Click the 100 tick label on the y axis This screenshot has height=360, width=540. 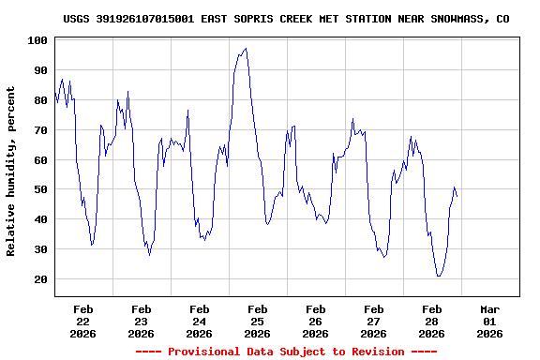38,40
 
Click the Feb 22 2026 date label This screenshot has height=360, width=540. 83,321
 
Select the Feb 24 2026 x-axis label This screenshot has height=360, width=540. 200,321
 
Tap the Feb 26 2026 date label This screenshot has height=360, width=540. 316,321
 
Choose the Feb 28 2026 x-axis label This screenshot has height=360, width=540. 432,321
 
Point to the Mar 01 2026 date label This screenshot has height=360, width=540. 490,321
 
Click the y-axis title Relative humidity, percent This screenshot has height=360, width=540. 11,171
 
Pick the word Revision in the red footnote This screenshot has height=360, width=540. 372,352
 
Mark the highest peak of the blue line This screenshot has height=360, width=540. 246,49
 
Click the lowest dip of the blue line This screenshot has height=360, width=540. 439,277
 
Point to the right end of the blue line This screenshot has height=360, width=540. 457,196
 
